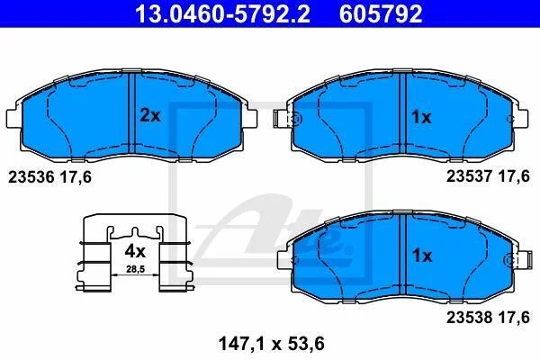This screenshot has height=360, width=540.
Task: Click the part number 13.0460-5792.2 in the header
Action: pyautogui.click(x=222, y=13)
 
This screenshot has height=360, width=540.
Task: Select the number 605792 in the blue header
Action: pyautogui.click(x=381, y=13)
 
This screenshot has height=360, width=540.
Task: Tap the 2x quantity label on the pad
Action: pyautogui.click(x=149, y=116)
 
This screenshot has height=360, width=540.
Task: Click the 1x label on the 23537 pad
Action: pyautogui.click(x=421, y=117)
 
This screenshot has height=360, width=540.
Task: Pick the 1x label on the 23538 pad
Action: pyautogui.click(x=422, y=256)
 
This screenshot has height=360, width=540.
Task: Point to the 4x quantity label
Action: pyautogui.click(x=135, y=251)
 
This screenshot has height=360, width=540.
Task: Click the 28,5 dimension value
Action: pyautogui.click(x=135, y=269)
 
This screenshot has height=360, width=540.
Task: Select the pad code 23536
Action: pyautogui.click(x=31, y=177)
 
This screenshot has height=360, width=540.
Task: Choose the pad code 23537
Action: pyautogui.click(x=470, y=176)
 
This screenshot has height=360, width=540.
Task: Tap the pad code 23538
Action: pyautogui.click(x=470, y=318)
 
